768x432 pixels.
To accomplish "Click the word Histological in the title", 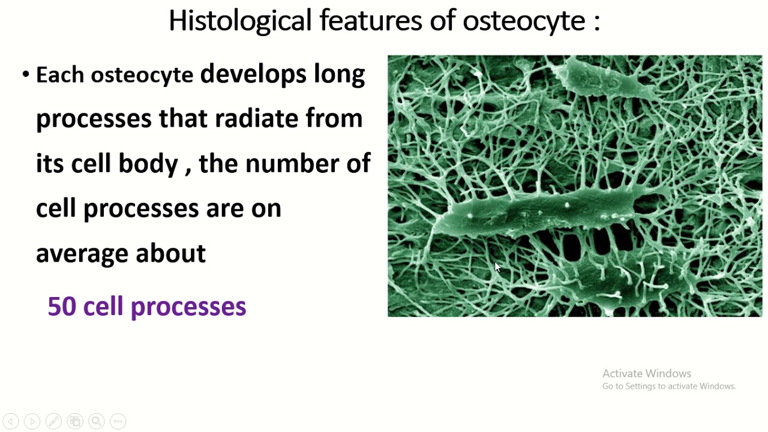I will [239, 21].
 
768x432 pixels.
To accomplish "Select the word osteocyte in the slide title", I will [524, 21].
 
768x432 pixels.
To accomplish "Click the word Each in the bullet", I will [61, 75].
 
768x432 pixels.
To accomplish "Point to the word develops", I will [253, 74].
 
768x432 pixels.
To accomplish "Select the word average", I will [82, 254].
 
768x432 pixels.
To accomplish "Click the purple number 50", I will [61, 307].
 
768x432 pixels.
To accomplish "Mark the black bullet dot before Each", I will [25, 75].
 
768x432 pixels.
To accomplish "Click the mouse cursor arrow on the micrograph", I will [497, 268].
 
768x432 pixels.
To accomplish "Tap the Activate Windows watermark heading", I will [646, 373].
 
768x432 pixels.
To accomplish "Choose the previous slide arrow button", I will [10, 421].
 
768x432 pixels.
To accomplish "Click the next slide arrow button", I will [32, 421].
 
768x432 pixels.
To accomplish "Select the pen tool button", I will [53, 421].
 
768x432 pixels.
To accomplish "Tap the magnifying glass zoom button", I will [97, 421].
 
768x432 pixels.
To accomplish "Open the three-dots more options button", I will [118, 421].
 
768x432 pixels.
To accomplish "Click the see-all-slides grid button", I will [75, 421].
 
